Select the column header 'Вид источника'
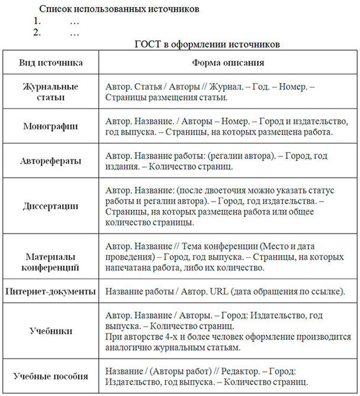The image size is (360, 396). (51, 62)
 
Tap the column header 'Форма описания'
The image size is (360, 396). (228, 62)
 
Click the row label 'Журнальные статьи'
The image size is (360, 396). (51, 91)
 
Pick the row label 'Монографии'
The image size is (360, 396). (51, 126)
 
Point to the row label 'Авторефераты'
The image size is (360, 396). (51, 161)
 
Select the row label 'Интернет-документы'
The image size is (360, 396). (51, 292)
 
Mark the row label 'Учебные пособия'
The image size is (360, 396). (51, 376)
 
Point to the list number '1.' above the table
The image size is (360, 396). (37, 22)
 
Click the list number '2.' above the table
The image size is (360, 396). (37, 33)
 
